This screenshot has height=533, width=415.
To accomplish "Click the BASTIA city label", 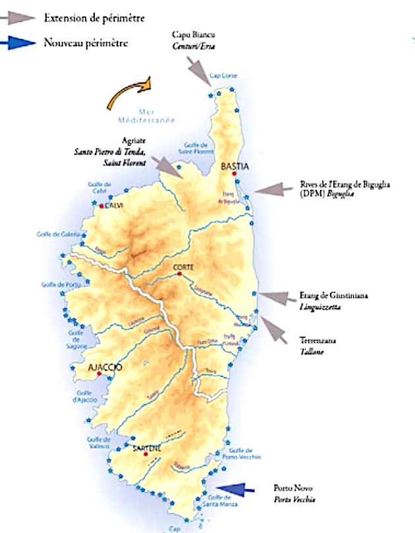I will click(235, 167).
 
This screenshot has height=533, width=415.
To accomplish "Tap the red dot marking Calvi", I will click(101, 206).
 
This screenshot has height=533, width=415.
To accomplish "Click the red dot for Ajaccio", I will click(99, 374).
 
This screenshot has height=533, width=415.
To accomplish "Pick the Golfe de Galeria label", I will click(59, 234).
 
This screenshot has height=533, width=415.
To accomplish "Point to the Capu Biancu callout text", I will click(194, 39).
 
